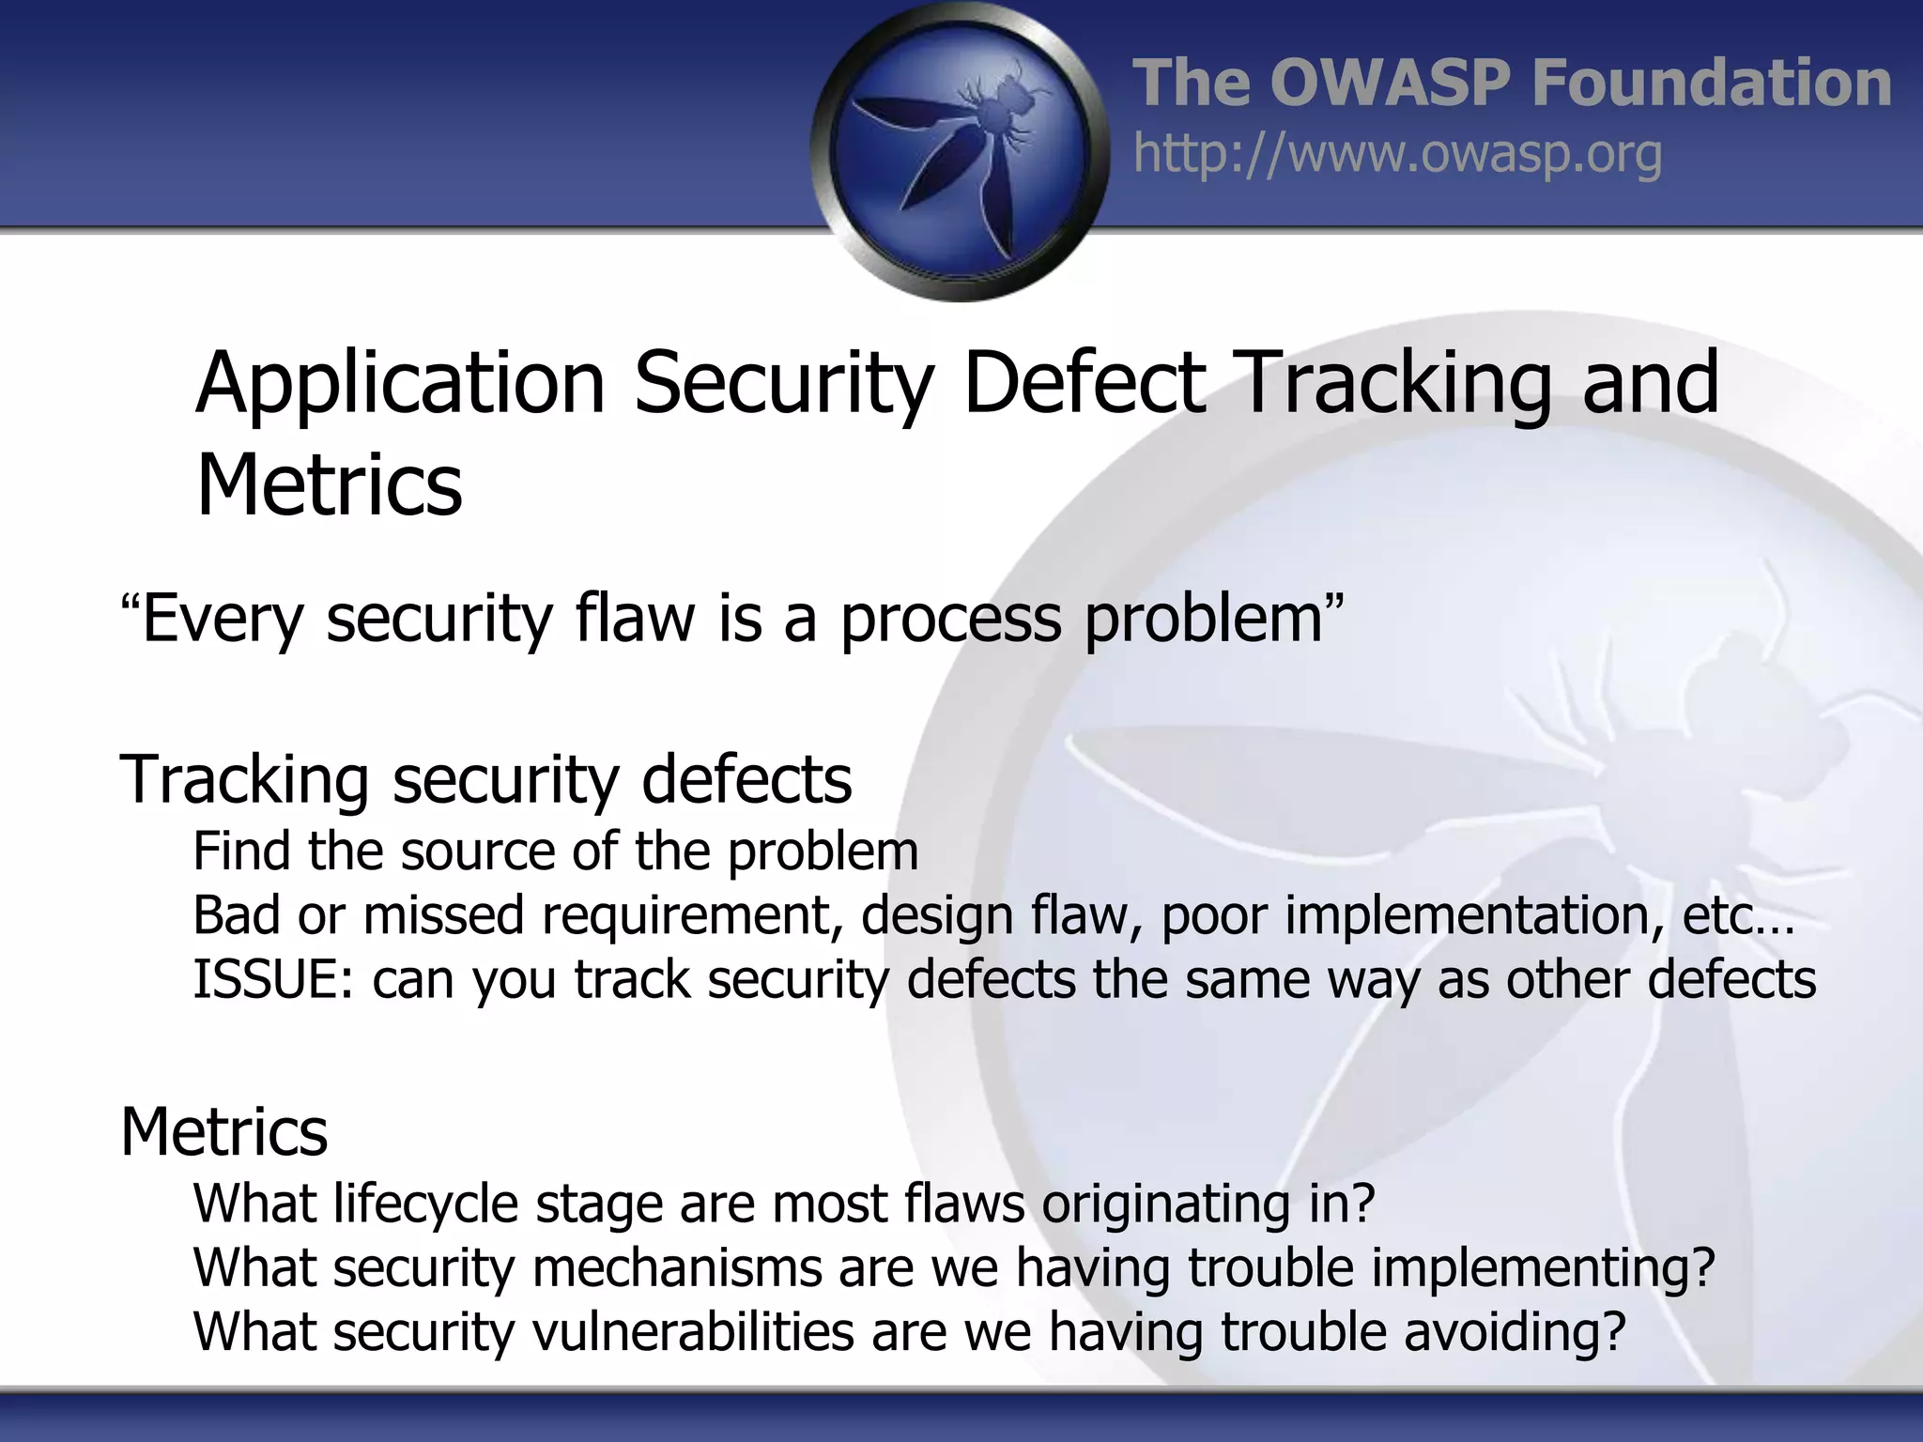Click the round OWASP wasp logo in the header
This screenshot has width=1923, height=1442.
pyautogui.click(x=960, y=153)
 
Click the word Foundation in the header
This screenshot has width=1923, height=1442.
pyautogui.click(x=1711, y=83)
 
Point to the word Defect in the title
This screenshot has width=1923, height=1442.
pyautogui.click(x=1084, y=383)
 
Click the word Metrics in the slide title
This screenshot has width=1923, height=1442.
pyautogui.click(x=329, y=485)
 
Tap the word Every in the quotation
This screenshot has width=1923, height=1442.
pyautogui.click(x=221, y=620)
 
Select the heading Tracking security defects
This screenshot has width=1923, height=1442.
pyautogui.click(x=485, y=780)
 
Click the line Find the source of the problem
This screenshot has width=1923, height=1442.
pyautogui.click(x=555, y=851)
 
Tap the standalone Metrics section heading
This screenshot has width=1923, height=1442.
pyautogui.click(x=223, y=1132)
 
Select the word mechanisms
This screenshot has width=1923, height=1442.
pyautogui.click(x=676, y=1267)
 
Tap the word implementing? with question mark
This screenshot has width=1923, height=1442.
pyautogui.click(x=1544, y=1267)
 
